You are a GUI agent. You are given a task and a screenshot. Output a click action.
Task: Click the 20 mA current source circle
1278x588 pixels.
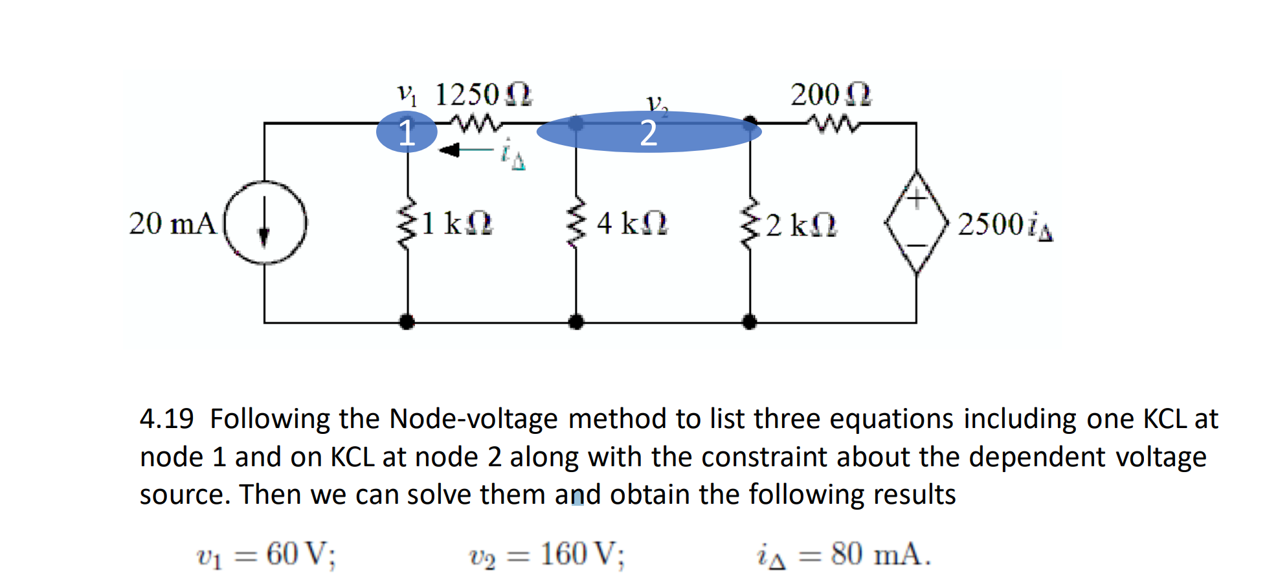click(265, 223)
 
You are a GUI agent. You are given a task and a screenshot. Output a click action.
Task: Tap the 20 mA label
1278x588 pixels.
click(172, 224)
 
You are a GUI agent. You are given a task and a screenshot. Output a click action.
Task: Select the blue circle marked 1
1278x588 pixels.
click(407, 132)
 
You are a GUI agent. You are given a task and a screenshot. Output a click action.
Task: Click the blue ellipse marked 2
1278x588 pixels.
click(649, 132)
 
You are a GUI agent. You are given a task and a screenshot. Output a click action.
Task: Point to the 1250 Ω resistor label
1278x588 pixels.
click(483, 95)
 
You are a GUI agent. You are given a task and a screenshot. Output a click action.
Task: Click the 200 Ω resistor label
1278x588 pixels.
click(831, 95)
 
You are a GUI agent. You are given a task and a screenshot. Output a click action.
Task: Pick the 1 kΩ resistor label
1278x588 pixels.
click(456, 224)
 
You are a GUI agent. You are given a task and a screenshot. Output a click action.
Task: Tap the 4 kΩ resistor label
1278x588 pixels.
click(631, 224)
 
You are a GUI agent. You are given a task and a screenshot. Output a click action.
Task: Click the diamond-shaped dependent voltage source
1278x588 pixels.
click(916, 223)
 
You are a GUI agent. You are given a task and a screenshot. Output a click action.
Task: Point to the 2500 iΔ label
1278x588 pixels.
click(1005, 225)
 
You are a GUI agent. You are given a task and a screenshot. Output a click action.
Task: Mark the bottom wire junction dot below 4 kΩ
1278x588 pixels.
click(576, 321)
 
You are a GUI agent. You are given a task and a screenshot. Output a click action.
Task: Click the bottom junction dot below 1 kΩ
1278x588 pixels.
click(407, 321)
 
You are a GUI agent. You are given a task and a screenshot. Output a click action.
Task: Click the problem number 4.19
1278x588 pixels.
click(166, 419)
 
